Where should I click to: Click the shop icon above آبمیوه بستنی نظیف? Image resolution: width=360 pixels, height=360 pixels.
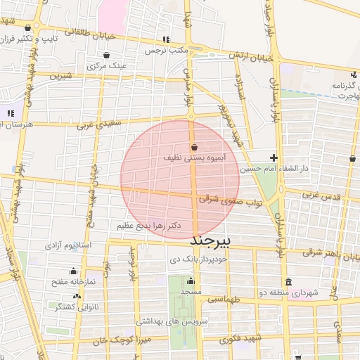[193, 147]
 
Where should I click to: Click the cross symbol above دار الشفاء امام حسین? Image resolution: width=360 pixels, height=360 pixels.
[274, 157]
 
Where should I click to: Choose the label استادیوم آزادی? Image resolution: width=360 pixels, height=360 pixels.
[68, 245]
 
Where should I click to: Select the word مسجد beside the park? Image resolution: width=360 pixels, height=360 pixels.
[191, 290]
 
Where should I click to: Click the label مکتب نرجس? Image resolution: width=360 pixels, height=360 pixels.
[165, 51]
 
